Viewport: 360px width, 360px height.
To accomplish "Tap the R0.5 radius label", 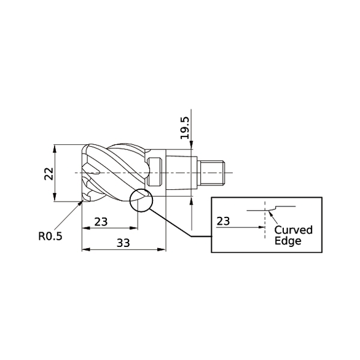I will pos(50,235).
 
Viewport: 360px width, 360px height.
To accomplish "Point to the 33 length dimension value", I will pos(123,243).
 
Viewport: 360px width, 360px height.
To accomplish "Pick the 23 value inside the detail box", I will pos(224,221).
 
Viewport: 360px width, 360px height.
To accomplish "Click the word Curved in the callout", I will pos(293,230).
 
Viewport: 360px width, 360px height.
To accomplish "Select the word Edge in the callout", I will pos(288,241).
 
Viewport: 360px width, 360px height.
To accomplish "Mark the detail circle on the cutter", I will pos(141,200).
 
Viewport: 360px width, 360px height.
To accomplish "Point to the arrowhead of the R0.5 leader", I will pos(80,204).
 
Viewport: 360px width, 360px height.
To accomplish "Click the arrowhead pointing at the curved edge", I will pos(270,213).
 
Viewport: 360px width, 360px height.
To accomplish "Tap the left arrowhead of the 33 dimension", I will pos(85,250).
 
